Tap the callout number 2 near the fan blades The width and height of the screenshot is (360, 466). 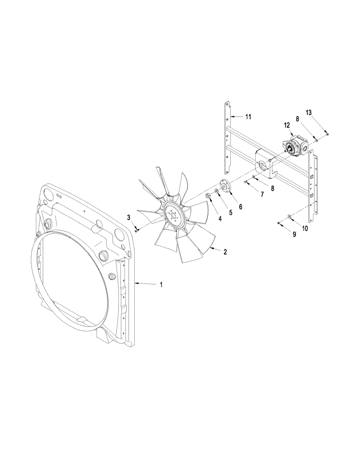point(225,252)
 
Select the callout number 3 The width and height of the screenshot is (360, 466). point(129,217)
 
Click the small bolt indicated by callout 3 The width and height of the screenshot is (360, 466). point(136,229)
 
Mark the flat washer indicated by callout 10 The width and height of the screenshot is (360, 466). point(289,216)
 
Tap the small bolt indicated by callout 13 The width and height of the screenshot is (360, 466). point(328,134)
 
